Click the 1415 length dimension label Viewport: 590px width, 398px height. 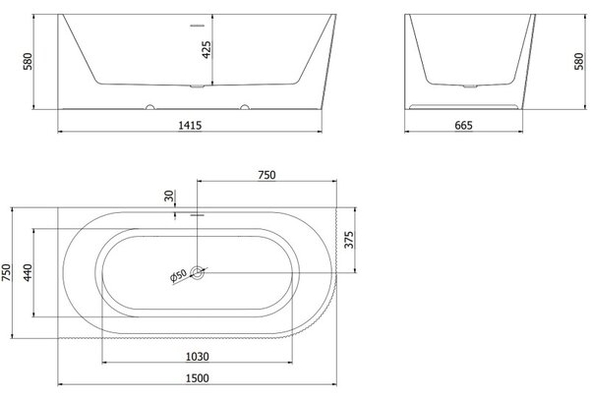pos(190,125)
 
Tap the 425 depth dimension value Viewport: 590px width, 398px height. pos(206,50)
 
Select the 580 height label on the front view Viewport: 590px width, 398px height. pos(28,61)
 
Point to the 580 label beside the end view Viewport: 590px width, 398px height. pos(579,61)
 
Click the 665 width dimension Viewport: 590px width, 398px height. pos(463,125)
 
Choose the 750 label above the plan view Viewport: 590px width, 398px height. pos(266,175)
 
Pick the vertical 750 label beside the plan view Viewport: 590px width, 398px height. pos(7,272)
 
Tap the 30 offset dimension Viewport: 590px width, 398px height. pos(170,196)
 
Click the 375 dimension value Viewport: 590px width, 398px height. pos(349,240)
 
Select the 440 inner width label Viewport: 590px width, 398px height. pos(28,272)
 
